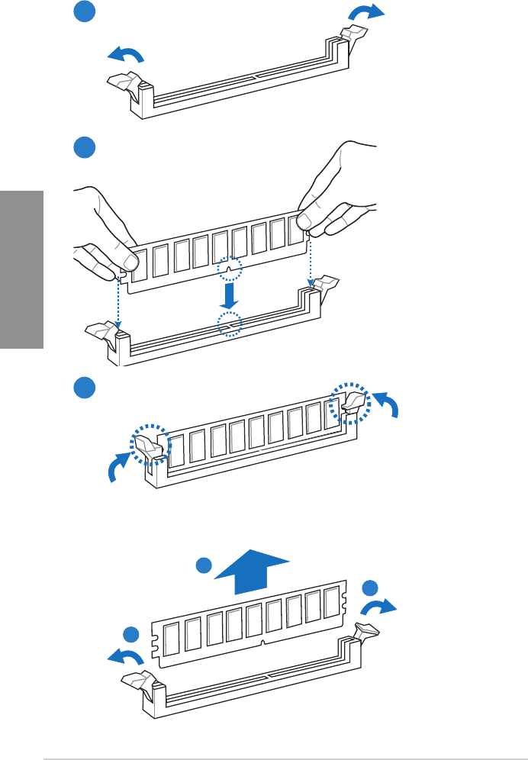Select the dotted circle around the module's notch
[229, 269]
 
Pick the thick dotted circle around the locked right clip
[349, 401]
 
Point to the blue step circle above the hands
[85, 147]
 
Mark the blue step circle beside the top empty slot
[85, 13]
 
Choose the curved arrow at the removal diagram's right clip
[379, 607]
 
